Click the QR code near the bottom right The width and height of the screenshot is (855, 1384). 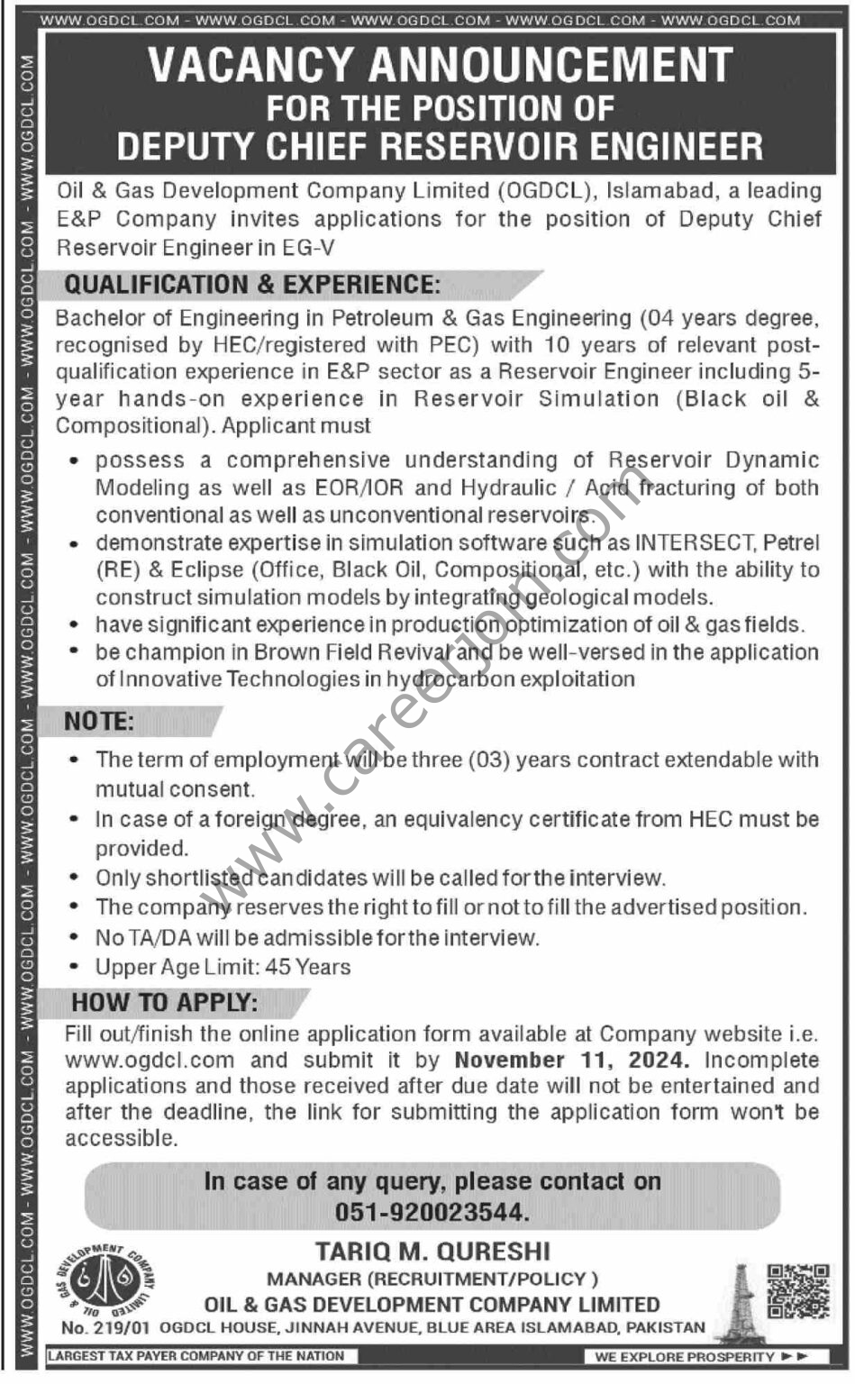pos(797,1291)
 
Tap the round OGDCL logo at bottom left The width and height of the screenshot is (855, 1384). pos(100,1280)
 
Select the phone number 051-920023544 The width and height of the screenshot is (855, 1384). pos(432,1212)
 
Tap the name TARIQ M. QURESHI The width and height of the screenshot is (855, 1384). pos(432,1252)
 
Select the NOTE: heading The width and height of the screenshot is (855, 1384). pos(99,722)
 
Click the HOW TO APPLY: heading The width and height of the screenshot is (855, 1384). pos(165,1002)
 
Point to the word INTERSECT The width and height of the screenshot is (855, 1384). pos(694,542)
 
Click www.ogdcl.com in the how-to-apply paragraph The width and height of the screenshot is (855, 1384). pos(150,1061)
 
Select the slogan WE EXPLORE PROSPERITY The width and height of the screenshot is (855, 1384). pos(685,1356)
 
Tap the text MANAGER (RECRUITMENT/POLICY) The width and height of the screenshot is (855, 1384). pos(432,1279)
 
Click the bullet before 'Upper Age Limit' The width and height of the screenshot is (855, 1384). pos(74,968)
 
